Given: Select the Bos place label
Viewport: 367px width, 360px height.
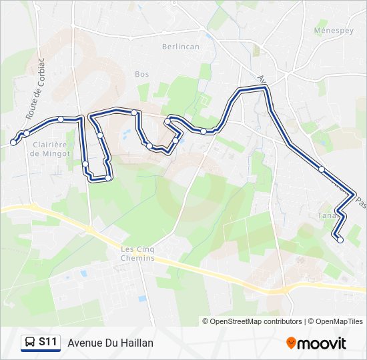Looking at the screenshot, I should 141,74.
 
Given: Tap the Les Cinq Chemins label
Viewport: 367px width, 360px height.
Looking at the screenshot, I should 137,254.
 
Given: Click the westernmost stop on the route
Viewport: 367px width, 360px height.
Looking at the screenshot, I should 13,142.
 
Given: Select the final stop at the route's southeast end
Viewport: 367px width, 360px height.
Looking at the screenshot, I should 340,240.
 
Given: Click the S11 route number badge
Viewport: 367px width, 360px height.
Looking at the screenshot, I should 47,342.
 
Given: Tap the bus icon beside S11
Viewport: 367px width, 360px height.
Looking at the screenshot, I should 30,343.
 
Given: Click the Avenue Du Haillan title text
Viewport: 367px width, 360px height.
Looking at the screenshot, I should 110,343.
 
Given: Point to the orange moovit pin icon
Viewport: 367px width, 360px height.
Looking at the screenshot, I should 292,343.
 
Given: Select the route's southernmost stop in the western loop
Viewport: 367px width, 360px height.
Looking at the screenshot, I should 108,178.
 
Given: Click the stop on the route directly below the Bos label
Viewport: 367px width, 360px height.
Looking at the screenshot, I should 135,112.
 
